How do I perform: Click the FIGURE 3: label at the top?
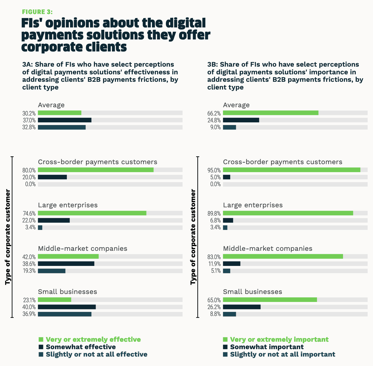pos(37,12)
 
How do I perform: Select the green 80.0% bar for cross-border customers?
pos(96,170)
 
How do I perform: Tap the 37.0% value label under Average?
pos(29,120)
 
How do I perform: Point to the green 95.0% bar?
pos(292,170)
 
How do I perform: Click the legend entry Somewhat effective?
pos(81,347)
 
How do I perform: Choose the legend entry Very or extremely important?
pos(279,340)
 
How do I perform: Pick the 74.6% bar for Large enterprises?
pos(92,213)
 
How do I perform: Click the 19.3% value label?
pos(29,271)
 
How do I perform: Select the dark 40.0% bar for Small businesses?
pos(67,307)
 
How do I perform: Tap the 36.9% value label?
pos(29,314)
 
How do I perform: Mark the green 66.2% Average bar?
pos(270,113)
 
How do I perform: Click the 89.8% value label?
pos(214,213)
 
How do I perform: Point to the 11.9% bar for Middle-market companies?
pos(232,264)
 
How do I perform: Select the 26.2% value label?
pos(214,307)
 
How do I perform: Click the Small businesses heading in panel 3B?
pos(252,292)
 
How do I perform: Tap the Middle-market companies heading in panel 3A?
pos(83,248)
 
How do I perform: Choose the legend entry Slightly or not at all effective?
pos(96,355)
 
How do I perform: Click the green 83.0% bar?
pos(283,256)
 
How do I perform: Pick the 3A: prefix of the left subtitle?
pos(28,65)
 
